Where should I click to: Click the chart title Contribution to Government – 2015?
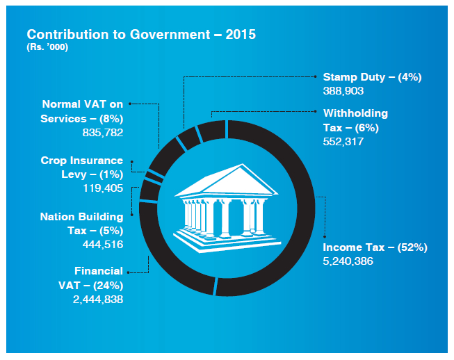click(141, 35)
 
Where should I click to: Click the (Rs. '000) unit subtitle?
click(47, 47)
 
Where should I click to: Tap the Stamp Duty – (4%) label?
click(372, 77)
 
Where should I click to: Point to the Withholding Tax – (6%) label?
click(355, 120)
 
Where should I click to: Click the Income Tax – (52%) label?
click(375, 247)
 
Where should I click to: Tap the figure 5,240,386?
click(348, 261)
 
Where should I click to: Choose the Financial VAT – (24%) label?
click(99, 278)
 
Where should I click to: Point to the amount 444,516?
click(103, 244)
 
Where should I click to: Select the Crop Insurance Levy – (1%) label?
click(81, 167)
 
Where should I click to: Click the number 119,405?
click(103, 188)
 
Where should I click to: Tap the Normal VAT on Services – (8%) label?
click(82, 111)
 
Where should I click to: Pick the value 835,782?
click(103, 131)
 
